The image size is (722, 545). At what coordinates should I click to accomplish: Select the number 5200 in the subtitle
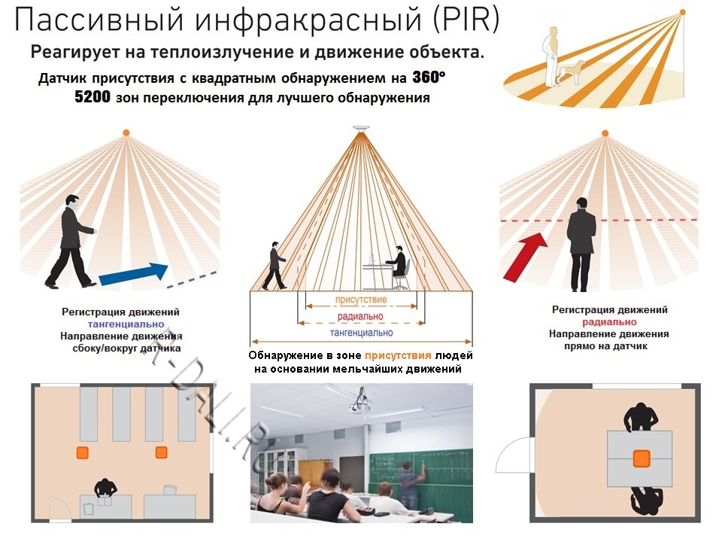coord(93,98)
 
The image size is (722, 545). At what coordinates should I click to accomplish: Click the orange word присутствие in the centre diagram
coord(361,300)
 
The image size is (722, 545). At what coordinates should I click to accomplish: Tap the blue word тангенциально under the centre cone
coord(361,332)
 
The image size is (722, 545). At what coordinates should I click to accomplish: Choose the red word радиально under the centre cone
coord(361,316)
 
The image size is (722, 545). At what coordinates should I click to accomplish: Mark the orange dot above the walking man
coord(126,133)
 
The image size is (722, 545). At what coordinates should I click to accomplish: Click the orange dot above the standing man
coord(604,133)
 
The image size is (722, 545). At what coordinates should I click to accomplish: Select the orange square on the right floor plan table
coord(641,458)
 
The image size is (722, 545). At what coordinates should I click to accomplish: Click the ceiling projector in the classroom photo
coord(359,404)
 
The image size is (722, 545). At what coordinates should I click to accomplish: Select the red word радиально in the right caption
coord(609,322)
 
